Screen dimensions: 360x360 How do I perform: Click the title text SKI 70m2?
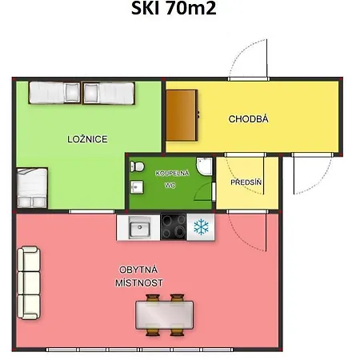(174, 8)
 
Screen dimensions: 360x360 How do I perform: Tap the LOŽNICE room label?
(87, 139)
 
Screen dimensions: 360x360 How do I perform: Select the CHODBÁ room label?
(248, 119)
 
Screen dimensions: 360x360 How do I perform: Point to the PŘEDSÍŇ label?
(246, 182)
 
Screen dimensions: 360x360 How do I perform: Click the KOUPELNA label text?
(172, 174)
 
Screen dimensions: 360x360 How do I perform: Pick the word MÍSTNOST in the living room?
(139, 282)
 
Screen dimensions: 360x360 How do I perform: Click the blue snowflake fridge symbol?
(201, 227)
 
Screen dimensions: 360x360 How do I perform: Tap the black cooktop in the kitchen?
(174, 226)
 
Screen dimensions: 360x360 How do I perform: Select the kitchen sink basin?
(139, 227)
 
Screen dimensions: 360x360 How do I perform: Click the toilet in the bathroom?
(137, 166)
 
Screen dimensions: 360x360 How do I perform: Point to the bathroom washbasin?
(137, 187)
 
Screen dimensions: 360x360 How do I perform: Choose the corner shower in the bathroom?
(205, 166)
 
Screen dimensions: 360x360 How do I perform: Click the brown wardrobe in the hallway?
(182, 115)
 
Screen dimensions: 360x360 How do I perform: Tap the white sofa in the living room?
(29, 282)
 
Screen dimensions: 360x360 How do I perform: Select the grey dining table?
(165, 315)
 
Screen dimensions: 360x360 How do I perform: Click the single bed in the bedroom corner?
(32, 188)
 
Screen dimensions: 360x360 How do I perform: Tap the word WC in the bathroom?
(170, 185)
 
